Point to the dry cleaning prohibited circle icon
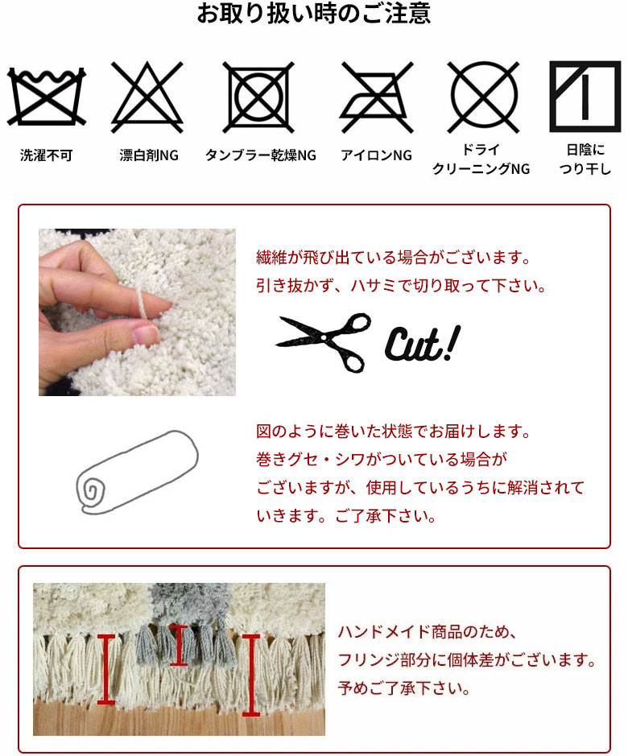click(x=484, y=96)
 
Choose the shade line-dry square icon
click(x=585, y=96)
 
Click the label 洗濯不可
click(x=47, y=155)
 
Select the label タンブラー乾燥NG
click(x=260, y=155)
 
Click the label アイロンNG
click(x=376, y=155)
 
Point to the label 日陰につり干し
click(x=585, y=159)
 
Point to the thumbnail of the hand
click(x=137, y=312)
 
